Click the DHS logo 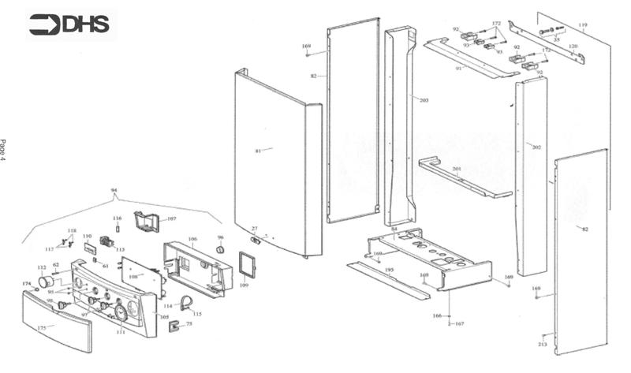(70, 25)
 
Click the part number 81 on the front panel (258, 150)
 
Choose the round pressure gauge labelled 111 (121, 315)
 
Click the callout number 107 (171, 218)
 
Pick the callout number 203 (424, 100)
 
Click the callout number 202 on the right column (536, 147)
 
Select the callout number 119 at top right (582, 26)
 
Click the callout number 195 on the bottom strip (389, 270)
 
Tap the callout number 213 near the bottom (542, 345)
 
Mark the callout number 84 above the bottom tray (394, 229)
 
